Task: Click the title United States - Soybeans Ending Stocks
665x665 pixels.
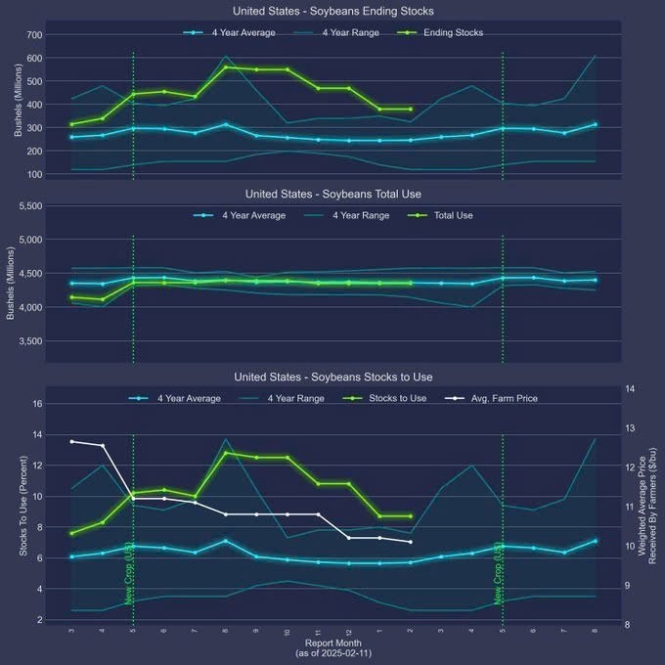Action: [332, 11]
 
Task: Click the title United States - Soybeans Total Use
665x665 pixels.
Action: [332, 194]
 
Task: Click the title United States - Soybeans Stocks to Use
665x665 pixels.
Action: [332, 377]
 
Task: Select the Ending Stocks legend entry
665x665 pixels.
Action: [451, 32]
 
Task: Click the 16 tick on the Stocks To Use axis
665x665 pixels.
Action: [37, 403]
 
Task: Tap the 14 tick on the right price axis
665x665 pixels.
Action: [631, 389]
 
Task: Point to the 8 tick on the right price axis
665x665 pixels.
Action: [631, 624]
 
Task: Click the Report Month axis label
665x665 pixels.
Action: [332, 643]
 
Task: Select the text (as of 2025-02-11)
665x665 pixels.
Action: [332, 652]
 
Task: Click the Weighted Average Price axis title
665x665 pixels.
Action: [647, 505]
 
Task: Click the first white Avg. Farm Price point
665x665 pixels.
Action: [71, 442]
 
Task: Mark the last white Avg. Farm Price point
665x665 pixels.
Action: [410, 542]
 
